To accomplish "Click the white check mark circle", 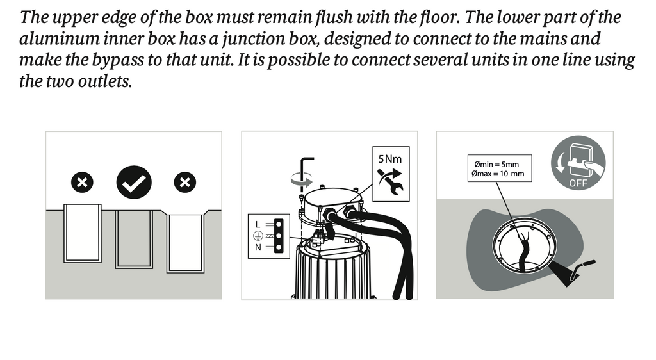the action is pyautogui.click(x=134, y=183).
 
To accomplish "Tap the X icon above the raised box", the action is pyautogui.click(x=82, y=183).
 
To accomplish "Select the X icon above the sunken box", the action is pyautogui.click(x=185, y=183).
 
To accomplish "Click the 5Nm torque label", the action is pyautogui.click(x=390, y=159).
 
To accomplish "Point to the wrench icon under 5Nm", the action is pyautogui.click(x=391, y=181).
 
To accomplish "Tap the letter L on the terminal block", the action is pyautogui.click(x=258, y=225).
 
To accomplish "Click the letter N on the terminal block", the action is pyautogui.click(x=258, y=247).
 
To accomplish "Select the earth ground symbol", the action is pyautogui.click(x=258, y=236).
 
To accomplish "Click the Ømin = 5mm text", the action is pyautogui.click(x=496, y=165).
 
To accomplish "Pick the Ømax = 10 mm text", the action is pyautogui.click(x=498, y=174).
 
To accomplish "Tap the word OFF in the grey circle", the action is pyautogui.click(x=578, y=183).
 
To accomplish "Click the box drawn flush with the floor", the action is pyautogui.click(x=134, y=239).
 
